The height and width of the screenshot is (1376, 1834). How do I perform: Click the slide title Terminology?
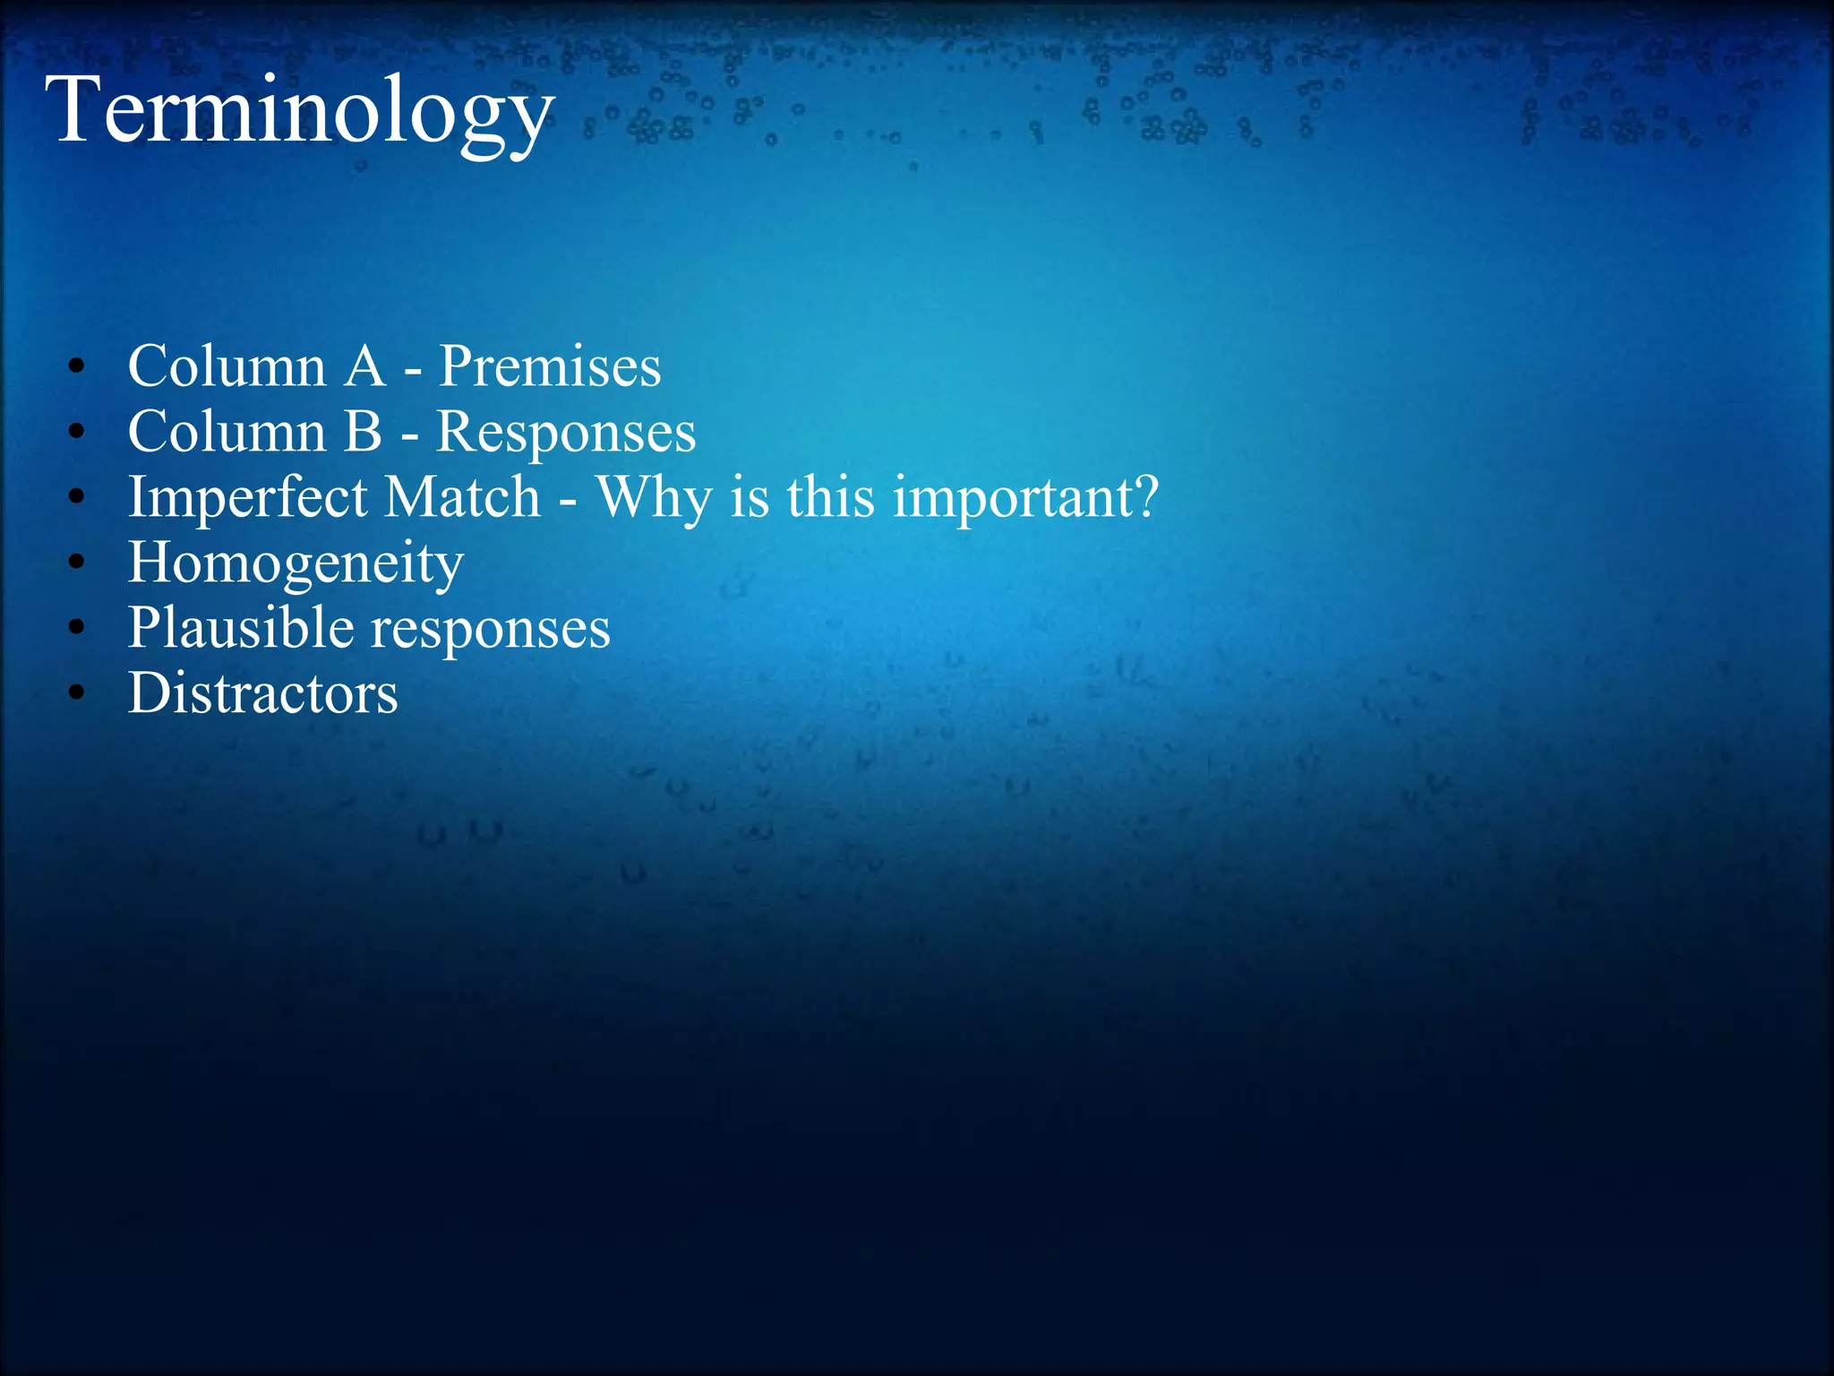point(300,112)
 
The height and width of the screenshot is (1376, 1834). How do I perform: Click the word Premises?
point(550,366)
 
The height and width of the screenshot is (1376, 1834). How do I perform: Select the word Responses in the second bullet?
point(565,432)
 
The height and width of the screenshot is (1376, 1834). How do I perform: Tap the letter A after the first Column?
point(364,366)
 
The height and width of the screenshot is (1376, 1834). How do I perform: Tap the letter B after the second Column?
point(363,432)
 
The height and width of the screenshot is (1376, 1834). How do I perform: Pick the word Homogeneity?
point(296,564)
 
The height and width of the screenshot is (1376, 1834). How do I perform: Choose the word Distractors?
point(262,694)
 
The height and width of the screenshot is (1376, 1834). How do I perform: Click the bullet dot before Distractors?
point(77,693)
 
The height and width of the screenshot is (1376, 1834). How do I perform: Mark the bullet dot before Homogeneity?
point(77,563)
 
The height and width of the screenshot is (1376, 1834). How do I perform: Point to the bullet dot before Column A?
point(77,366)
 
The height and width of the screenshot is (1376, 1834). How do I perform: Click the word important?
point(1012,498)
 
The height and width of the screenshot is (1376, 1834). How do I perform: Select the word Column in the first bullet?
point(227,366)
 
